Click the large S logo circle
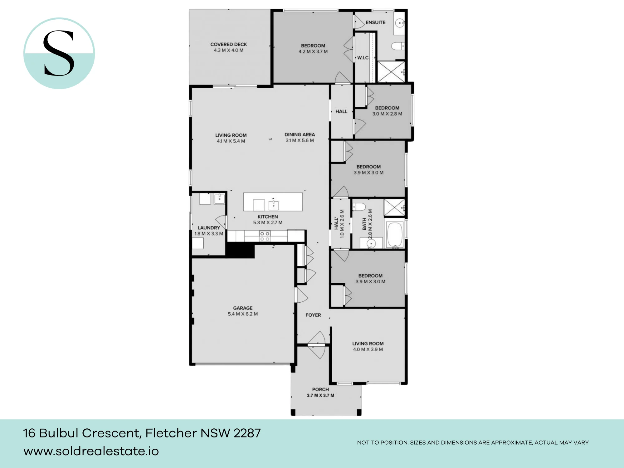(x=59, y=53)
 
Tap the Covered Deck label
(x=228, y=45)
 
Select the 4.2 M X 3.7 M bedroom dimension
(x=313, y=51)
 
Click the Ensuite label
(x=375, y=22)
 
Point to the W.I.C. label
(x=363, y=58)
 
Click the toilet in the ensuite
(x=398, y=46)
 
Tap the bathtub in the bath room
(x=395, y=235)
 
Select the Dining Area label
(x=300, y=134)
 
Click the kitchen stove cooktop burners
(x=265, y=236)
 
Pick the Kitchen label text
(x=268, y=217)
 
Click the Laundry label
(x=209, y=228)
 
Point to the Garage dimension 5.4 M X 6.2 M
(x=243, y=314)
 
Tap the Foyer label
(x=313, y=315)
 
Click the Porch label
(x=320, y=389)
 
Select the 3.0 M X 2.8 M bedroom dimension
(x=387, y=114)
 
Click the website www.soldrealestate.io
(x=91, y=451)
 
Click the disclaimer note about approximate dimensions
(x=473, y=442)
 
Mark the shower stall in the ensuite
(x=391, y=72)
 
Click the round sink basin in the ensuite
(x=400, y=23)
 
